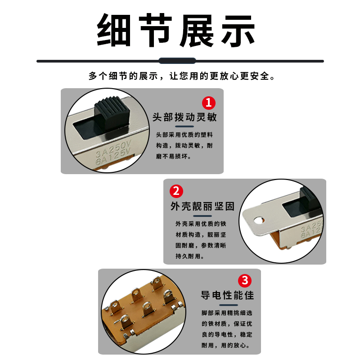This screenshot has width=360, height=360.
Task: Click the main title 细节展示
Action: click(176, 31)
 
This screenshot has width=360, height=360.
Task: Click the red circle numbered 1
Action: click(208, 103)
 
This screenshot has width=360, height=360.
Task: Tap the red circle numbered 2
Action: click(176, 191)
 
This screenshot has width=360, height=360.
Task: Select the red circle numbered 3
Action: click(244, 281)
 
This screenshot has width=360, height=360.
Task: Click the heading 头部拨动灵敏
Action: click(184, 117)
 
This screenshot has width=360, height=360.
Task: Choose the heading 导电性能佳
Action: click(227, 295)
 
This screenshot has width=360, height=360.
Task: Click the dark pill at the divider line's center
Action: click(177, 61)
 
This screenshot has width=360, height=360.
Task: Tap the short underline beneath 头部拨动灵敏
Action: click(184, 127)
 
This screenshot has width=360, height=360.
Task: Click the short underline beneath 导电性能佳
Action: click(228, 305)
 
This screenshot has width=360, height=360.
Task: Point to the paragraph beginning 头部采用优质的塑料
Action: click(184, 145)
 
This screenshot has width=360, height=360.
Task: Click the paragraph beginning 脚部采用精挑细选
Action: click(227, 329)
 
